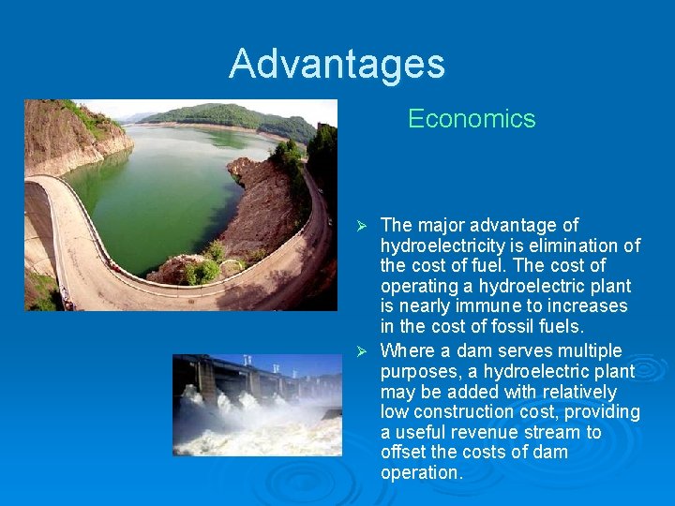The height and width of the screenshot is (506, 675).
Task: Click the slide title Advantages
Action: pos(337,64)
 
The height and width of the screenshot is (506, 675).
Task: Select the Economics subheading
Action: pos(472,119)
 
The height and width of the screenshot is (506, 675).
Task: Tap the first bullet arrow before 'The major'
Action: pos(367,226)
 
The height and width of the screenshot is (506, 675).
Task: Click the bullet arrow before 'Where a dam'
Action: pos(367,351)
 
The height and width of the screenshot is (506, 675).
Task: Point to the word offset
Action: pos(403,452)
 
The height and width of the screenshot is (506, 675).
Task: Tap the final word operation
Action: pos(421,473)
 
